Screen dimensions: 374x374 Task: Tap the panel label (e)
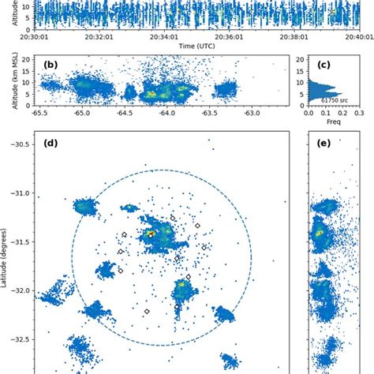coord(315,144)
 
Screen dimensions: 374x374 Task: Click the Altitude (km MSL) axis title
coord(7,81)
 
